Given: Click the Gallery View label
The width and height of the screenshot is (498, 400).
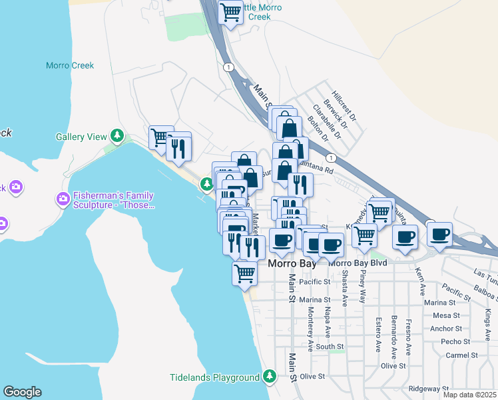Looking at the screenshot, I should click(x=81, y=137).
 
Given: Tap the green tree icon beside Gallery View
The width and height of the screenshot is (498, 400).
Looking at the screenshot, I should click(x=118, y=137).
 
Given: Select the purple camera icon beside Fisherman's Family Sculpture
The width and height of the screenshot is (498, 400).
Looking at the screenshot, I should click(x=63, y=199).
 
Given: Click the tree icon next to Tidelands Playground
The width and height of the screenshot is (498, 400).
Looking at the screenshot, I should click(x=270, y=377).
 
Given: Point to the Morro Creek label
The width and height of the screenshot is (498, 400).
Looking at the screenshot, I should click(x=70, y=65).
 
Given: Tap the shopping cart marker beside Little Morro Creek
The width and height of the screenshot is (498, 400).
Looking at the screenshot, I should click(x=230, y=13).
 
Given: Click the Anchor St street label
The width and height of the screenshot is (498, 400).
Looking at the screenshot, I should click(x=446, y=328).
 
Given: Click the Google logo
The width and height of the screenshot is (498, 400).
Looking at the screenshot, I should click(x=22, y=392).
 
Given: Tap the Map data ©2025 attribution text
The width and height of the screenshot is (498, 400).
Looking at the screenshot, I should click(x=469, y=395).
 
